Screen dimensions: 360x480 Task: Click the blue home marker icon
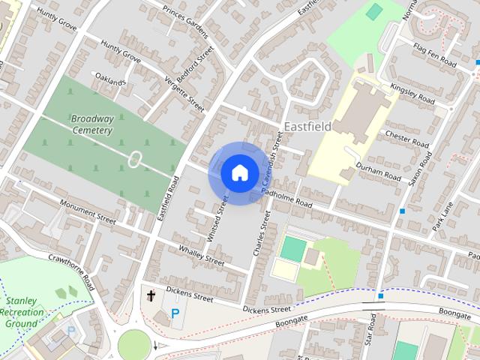click(238, 172)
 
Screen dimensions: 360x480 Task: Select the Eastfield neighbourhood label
click(307, 127)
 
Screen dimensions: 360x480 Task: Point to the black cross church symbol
click(151, 295)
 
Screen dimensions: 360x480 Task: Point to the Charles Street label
click(262, 234)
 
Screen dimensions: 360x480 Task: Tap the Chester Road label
click(406, 139)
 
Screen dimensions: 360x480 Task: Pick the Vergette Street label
click(184, 95)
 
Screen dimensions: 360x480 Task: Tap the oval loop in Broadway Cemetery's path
click(135, 159)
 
